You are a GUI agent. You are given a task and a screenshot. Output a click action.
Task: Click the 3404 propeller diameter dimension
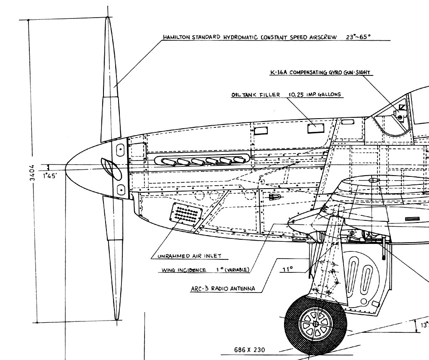[x=32, y=173]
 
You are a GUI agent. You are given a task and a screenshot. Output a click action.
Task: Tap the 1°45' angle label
[x=49, y=176]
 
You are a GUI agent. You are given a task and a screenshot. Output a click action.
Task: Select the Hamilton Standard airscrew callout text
[x=250, y=37]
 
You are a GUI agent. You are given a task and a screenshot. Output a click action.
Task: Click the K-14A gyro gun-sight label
[x=320, y=72]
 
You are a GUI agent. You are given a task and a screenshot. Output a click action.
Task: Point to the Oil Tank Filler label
[x=256, y=95]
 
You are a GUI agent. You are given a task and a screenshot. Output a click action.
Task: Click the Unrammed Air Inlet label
[x=189, y=256]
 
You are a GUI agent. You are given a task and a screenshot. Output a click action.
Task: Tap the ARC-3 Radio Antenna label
[x=223, y=289]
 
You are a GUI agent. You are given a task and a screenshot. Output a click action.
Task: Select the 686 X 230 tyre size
[x=250, y=350]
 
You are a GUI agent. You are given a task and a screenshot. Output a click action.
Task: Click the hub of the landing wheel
[x=315, y=324]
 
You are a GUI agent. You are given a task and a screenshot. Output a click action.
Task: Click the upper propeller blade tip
[x=108, y=17]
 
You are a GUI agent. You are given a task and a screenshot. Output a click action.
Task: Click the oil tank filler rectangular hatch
[x=316, y=128]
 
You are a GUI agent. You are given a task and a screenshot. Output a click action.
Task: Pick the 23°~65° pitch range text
[x=358, y=37]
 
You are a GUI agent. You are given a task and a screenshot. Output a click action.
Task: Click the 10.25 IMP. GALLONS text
[x=315, y=94]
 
